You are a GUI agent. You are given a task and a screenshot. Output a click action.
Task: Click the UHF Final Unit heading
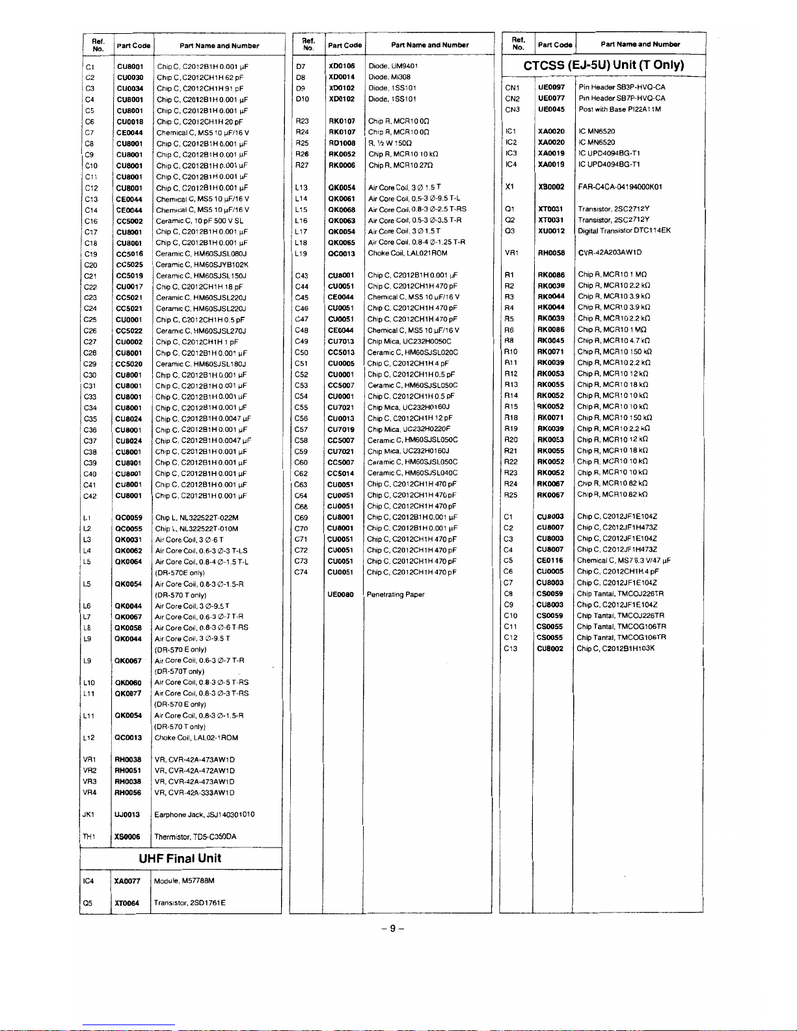(180, 858)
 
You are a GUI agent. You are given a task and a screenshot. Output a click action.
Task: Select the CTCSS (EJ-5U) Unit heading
(604, 65)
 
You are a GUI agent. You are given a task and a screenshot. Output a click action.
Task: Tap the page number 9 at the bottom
(393, 929)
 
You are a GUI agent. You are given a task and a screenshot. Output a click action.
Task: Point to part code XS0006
(128, 837)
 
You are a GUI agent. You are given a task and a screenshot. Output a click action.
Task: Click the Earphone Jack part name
(204, 814)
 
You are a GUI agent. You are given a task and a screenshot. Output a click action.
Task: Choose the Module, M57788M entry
(184, 881)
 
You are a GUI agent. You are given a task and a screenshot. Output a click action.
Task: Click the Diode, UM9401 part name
(393, 66)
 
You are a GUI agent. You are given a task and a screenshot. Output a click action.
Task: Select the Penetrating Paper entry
(396, 595)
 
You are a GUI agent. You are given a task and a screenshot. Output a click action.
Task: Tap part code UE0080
(342, 595)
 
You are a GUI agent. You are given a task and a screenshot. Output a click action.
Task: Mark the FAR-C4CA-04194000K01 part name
(620, 187)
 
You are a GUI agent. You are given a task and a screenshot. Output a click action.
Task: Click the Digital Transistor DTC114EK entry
(625, 231)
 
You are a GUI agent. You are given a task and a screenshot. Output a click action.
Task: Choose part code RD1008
(342, 143)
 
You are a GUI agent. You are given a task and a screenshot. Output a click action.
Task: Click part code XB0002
(551, 187)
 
